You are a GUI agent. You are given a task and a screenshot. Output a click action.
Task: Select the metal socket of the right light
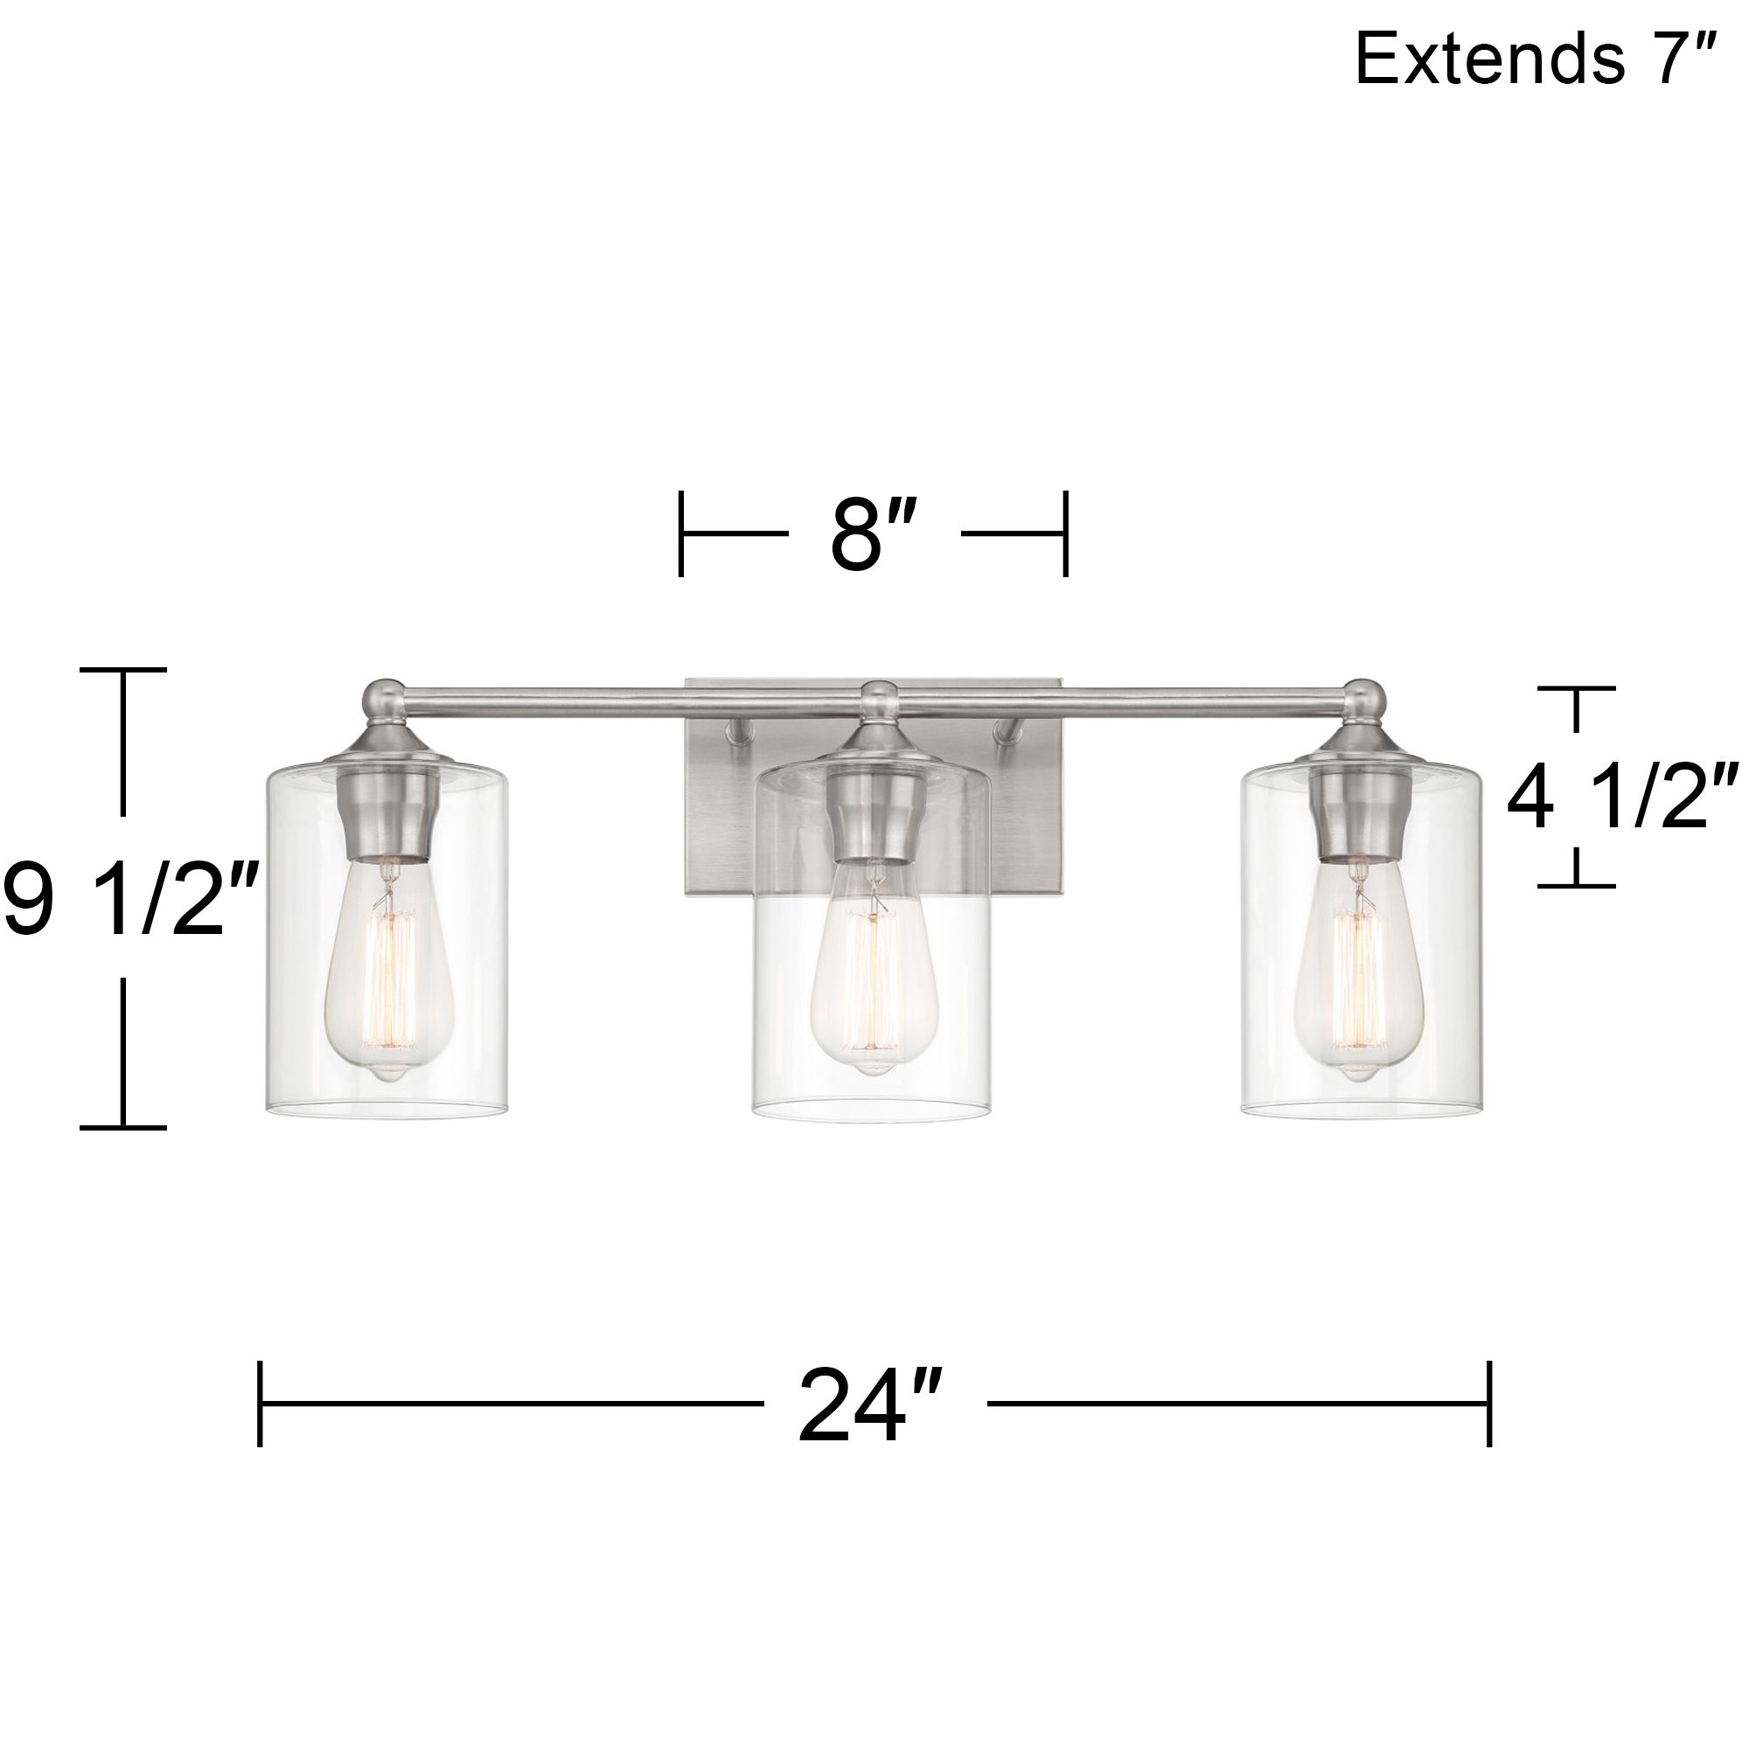[1358, 815]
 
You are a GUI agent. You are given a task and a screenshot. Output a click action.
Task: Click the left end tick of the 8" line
[680, 534]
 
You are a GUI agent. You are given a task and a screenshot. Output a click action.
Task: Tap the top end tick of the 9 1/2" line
[124, 670]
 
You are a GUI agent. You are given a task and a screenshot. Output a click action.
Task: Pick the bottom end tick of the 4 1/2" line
[1576, 885]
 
